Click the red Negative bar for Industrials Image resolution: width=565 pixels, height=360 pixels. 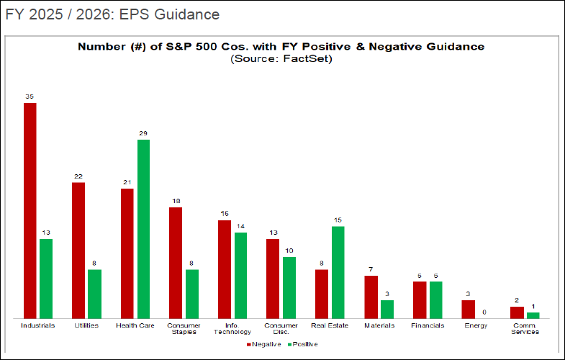30,210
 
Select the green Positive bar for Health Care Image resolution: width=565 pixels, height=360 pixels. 143,229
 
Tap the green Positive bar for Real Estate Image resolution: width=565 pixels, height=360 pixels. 338,272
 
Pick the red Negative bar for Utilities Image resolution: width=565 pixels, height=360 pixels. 78,250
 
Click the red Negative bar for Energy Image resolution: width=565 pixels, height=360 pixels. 469,309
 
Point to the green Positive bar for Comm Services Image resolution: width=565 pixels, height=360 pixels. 533,315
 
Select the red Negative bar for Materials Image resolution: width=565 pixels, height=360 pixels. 371,297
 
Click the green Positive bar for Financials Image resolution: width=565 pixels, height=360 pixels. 435,300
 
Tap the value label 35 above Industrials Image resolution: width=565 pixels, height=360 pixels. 30,96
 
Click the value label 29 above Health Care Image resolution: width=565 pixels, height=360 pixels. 143,132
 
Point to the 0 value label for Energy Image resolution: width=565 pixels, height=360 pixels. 484,312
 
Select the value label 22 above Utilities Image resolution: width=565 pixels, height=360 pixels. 78,176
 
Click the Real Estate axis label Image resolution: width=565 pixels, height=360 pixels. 330,325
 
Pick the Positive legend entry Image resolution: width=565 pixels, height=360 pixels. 302,344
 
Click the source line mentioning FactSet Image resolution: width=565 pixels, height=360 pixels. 281,58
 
